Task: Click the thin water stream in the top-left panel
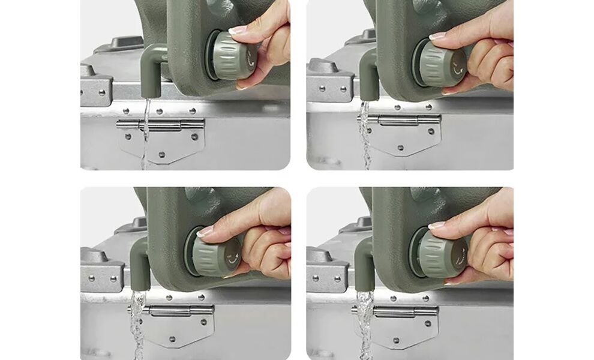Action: tap(145, 129)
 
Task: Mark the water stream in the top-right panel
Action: tap(365, 135)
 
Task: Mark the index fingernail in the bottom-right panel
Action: tap(436, 225)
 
